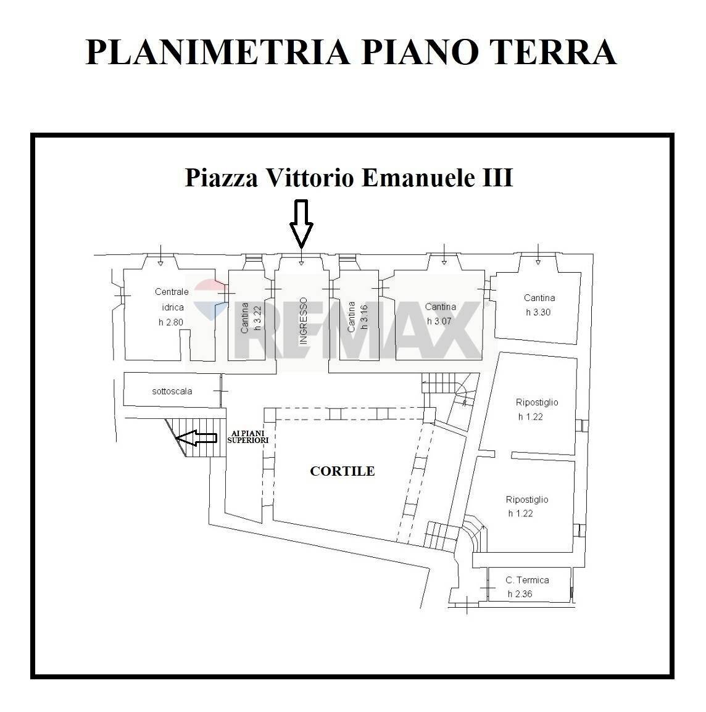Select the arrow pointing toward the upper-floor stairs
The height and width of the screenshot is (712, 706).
point(196,438)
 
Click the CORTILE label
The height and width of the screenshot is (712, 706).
point(342,471)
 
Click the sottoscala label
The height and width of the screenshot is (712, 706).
point(172,391)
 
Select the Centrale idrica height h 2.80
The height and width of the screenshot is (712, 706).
point(171,322)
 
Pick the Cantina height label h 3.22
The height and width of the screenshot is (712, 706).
point(258,317)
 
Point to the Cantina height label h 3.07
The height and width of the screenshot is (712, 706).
point(439,321)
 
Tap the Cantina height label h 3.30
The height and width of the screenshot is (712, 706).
point(538,312)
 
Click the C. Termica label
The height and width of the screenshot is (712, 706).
point(527,580)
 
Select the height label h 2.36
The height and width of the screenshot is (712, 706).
point(520,594)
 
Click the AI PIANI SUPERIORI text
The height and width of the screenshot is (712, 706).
point(248,437)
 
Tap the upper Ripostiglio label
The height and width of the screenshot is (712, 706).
point(537,402)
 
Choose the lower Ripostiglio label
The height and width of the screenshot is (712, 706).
point(526,500)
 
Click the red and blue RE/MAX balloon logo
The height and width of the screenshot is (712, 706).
point(210,299)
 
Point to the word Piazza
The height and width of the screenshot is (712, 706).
point(222,178)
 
